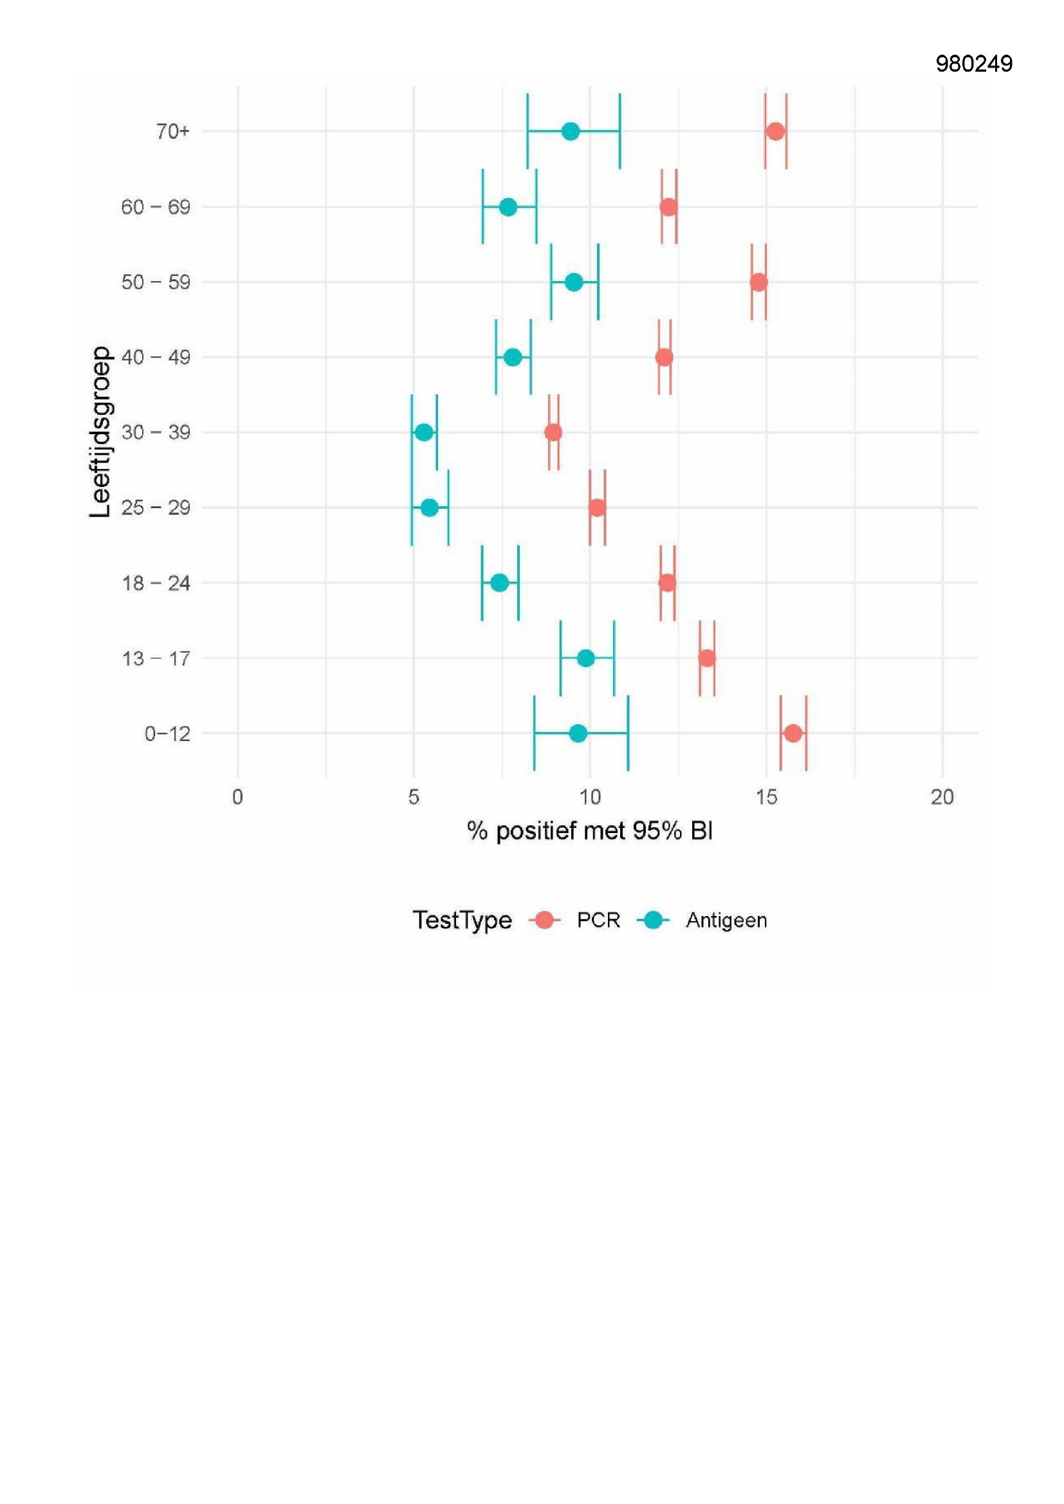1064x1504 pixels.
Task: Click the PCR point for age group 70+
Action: coord(775,131)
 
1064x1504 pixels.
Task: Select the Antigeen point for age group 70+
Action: coord(571,131)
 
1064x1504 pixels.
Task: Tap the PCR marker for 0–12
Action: coord(793,733)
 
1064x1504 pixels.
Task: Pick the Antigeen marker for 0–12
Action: coord(578,733)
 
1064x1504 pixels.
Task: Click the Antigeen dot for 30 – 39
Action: coord(425,432)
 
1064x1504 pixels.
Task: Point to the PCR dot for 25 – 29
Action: coord(597,508)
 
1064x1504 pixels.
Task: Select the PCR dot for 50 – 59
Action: coord(758,282)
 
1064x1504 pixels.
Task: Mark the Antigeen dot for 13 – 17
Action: coord(586,657)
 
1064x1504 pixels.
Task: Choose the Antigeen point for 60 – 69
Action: coord(508,207)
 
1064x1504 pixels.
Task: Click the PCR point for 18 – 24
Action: coord(667,582)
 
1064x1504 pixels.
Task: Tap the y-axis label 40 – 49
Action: coord(155,358)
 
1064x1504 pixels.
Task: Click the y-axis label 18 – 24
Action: coord(155,583)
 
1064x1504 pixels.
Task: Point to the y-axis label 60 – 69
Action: coord(155,208)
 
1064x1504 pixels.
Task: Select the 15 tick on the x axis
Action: coord(766,797)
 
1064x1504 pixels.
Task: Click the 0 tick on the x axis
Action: coord(238,797)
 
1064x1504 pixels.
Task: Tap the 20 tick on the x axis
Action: coord(942,797)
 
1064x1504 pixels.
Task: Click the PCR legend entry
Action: coord(598,921)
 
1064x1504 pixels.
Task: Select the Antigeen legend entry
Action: coord(726,921)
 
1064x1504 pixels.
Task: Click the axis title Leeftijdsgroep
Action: coord(100,432)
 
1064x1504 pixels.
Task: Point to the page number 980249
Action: coord(973,64)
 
